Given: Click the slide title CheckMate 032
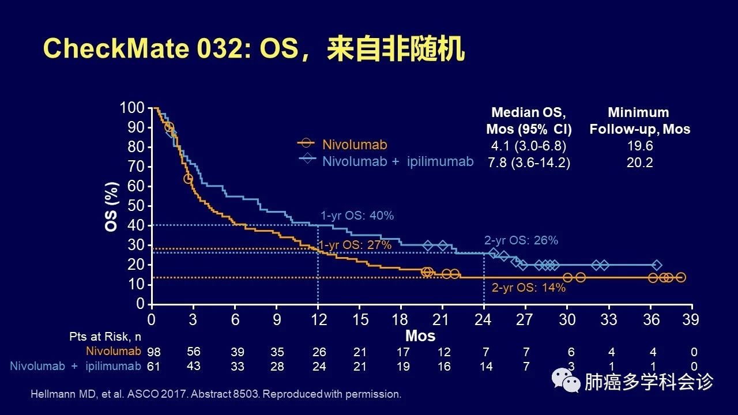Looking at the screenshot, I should (254, 50).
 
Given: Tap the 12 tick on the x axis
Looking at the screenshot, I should (318, 319).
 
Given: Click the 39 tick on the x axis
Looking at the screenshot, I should (691, 319).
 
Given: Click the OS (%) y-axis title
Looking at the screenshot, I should (112, 206).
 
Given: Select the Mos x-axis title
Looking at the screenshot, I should (420, 335).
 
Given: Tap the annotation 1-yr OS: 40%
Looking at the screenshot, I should (357, 216).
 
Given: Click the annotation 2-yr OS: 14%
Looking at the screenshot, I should (528, 287).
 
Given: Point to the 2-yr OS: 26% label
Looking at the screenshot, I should (521, 240).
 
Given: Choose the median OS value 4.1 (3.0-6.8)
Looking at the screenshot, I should (528, 146).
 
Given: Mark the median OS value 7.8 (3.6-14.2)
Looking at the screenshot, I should (528, 163).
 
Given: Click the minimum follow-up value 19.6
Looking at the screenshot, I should (639, 146).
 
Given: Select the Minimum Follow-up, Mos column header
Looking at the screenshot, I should (639, 120).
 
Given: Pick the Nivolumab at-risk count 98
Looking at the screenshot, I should (153, 352).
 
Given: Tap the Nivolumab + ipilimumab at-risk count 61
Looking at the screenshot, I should (153, 366).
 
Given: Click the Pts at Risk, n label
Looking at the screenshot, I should (110, 336).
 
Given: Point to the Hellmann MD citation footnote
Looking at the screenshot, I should (214, 394).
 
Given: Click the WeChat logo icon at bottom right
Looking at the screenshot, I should (566, 381).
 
